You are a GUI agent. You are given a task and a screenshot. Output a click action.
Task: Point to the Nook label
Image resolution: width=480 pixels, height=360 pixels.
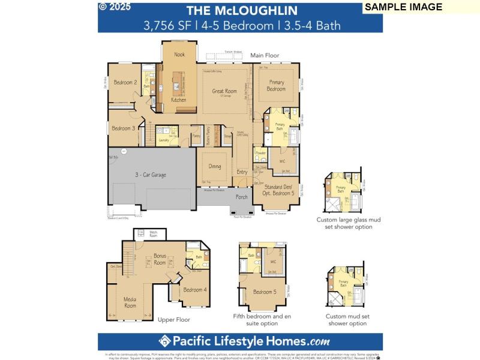[179, 55]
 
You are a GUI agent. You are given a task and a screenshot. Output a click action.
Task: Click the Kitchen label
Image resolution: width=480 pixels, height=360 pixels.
[179, 100]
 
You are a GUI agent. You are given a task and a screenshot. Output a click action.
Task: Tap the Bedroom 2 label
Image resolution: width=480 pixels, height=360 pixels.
[125, 82]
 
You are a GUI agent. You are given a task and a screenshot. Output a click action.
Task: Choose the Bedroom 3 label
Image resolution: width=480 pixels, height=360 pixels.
[123, 128]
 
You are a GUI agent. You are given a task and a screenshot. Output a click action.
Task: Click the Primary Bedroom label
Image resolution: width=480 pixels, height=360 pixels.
[276, 86]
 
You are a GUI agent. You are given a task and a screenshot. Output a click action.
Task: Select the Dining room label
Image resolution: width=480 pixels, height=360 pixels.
[214, 167]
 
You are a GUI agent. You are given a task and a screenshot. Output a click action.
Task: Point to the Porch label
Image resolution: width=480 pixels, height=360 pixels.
[241, 196]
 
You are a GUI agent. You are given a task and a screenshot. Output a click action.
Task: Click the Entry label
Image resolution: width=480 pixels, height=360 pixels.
[242, 172]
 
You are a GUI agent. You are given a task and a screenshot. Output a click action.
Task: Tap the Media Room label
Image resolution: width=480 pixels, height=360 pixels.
[130, 302]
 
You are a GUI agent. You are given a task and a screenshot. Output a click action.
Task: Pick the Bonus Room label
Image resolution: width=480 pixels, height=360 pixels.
[160, 259]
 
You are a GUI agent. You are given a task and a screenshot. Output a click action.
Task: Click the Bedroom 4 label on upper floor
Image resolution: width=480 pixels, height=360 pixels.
[194, 290]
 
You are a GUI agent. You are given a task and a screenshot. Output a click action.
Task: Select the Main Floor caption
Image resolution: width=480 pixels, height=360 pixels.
[265, 55]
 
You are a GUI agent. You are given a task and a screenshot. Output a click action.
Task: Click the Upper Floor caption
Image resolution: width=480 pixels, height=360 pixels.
[174, 320]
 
